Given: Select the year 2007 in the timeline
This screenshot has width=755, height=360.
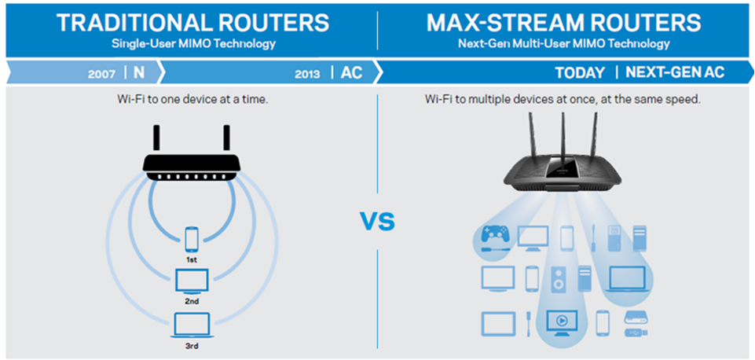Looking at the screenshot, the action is pyautogui.click(x=101, y=74).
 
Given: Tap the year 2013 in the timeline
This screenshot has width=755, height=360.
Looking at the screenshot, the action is pyautogui.click(x=307, y=74).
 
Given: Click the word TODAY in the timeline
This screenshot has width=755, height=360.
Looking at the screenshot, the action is pyautogui.click(x=580, y=73).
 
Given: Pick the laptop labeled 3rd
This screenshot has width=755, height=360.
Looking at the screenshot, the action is pyautogui.click(x=192, y=325).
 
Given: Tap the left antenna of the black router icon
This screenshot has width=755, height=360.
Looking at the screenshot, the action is pyautogui.click(x=156, y=138).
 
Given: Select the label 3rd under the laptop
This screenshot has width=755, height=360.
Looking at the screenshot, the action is pyautogui.click(x=192, y=346).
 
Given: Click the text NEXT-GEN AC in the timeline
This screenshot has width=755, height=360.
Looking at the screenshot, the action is pyautogui.click(x=675, y=72).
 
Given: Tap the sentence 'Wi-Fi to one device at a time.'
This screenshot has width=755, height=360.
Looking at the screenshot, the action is pyautogui.click(x=192, y=100).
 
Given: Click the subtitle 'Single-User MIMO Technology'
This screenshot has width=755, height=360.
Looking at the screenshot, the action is pyautogui.click(x=193, y=44).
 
